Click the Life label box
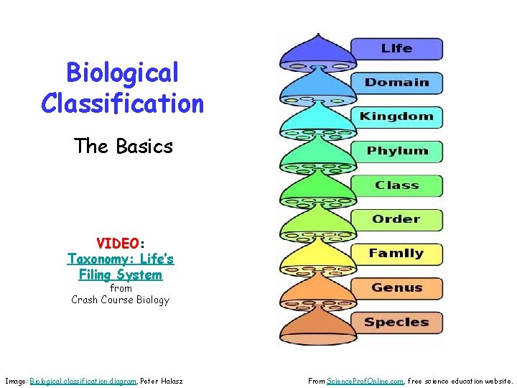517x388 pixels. (396, 49)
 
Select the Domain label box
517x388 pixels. (396, 83)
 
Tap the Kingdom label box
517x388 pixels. (396, 116)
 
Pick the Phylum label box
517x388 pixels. (396, 151)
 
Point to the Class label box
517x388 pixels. (396, 185)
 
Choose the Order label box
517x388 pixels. (396, 219)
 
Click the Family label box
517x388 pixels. (396, 254)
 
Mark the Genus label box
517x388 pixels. (396, 288)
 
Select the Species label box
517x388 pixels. (396, 322)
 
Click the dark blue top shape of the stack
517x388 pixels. (312, 50)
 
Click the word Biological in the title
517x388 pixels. (122, 73)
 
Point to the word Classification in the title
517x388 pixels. (122, 103)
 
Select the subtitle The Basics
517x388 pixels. (123, 147)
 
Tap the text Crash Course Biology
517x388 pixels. (121, 300)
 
